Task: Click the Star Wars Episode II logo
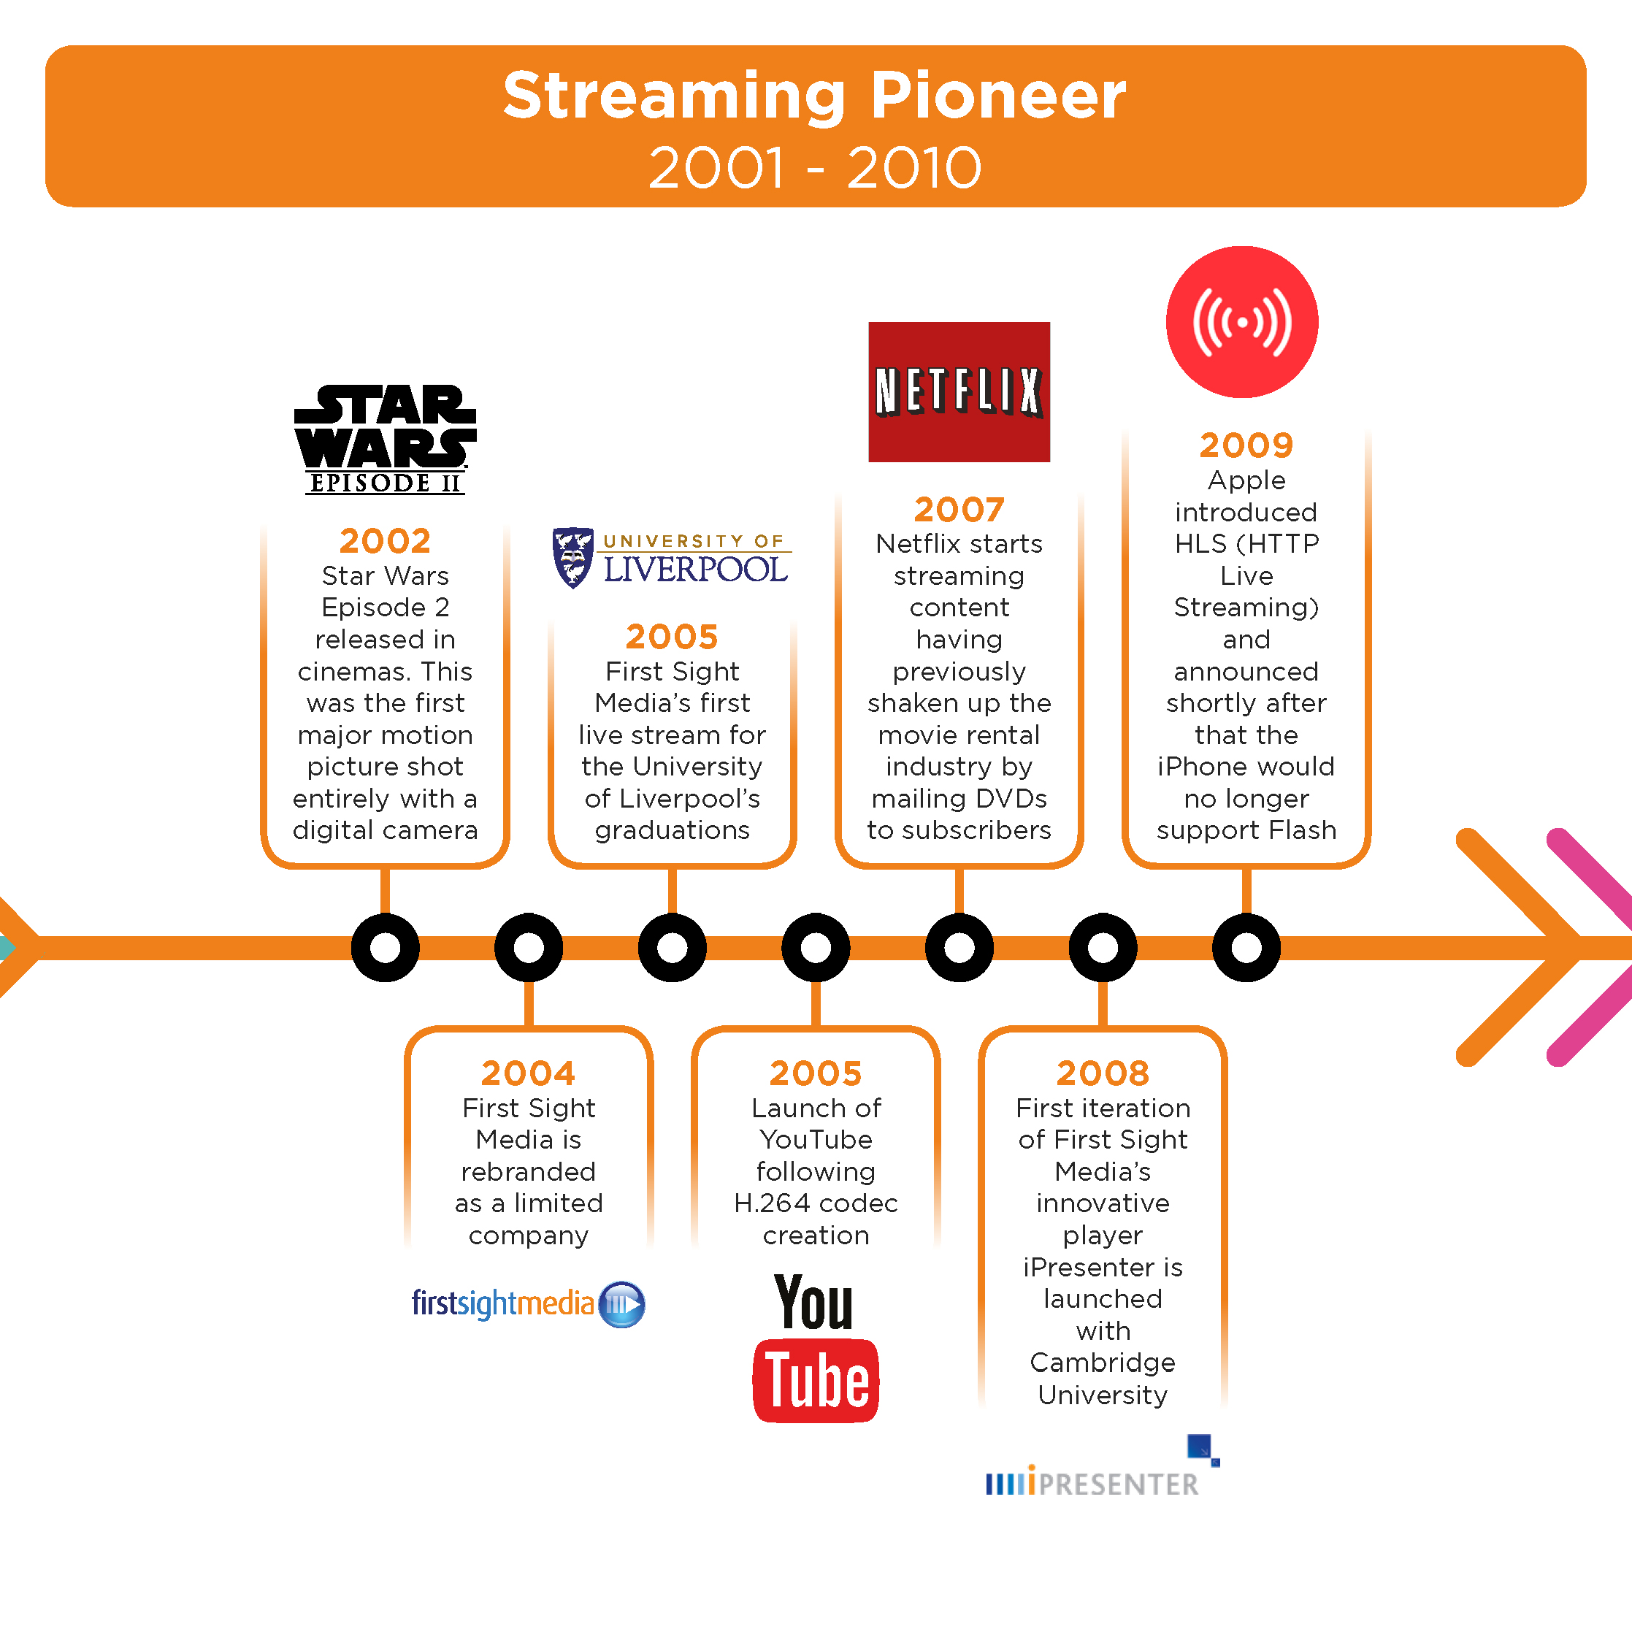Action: click(x=386, y=440)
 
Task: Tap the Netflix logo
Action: click(x=959, y=392)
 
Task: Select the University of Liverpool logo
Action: click(x=672, y=558)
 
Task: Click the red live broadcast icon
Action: click(x=1242, y=322)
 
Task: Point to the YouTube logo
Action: click(x=815, y=1348)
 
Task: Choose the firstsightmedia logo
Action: click(x=528, y=1303)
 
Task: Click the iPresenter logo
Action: click(x=1103, y=1466)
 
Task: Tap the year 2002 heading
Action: click(x=386, y=540)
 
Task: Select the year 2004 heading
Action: click(x=528, y=1073)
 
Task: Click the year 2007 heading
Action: click(x=959, y=510)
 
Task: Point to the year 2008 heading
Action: click(x=1103, y=1073)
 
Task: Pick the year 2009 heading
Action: click(x=1246, y=445)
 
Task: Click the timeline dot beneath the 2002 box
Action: click(x=386, y=947)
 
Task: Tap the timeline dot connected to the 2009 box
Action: click(x=1246, y=947)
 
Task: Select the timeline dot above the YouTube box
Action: click(x=815, y=947)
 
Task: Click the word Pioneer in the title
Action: click(x=997, y=95)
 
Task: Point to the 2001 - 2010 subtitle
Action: click(x=815, y=167)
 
